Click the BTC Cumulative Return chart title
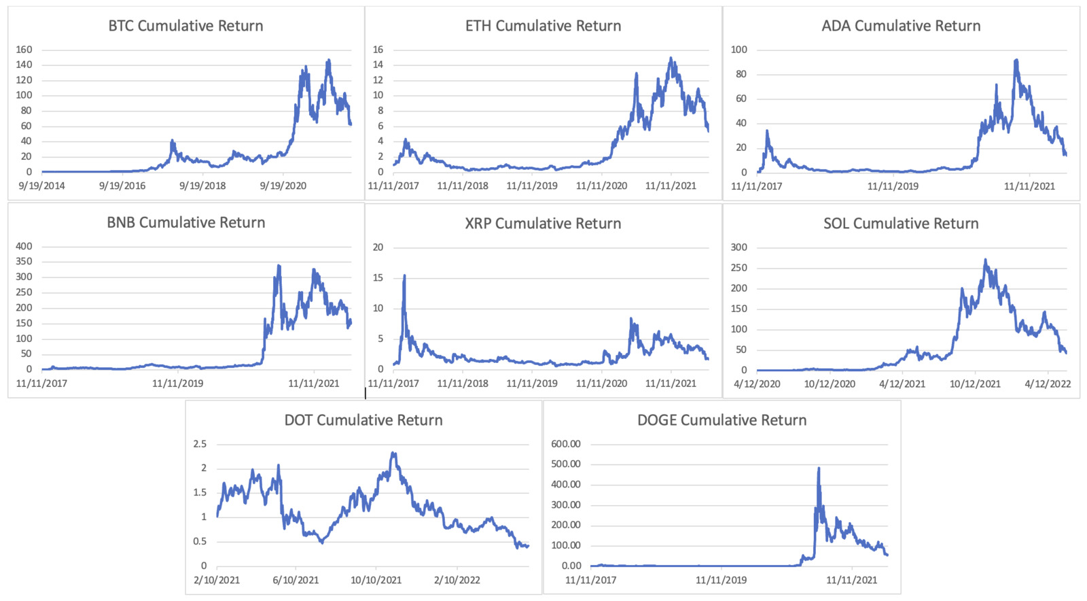[x=185, y=26]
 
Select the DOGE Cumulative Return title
[x=721, y=420]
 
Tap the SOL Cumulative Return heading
[x=901, y=224]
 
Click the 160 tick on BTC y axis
[x=24, y=50]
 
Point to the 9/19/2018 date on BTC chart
[x=202, y=186]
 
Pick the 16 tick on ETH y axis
[x=378, y=50]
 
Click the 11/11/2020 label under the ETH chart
[x=601, y=186]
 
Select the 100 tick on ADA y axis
[x=738, y=50]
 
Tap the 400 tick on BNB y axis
[x=24, y=246]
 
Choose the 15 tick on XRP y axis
[x=378, y=277]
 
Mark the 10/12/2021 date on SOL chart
[x=975, y=383]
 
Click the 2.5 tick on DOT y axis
[x=200, y=444]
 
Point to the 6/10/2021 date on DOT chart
[x=296, y=580]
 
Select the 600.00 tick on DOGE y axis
[x=566, y=444]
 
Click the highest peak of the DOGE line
[x=819, y=468]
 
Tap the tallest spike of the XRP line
[x=405, y=275]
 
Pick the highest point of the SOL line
[x=986, y=259]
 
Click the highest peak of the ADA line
[x=1016, y=60]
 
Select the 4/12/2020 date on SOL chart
[x=757, y=383]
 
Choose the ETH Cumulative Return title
[x=543, y=26]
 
